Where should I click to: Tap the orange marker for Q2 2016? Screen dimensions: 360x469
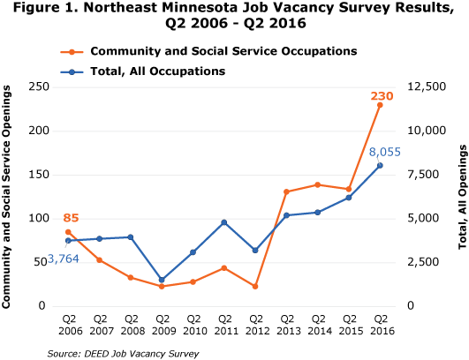coord(380,105)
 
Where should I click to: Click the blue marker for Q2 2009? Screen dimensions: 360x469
coord(162,280)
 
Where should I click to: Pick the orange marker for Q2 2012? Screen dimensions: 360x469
coord(255,287)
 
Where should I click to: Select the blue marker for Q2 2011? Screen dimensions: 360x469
coord(224,222)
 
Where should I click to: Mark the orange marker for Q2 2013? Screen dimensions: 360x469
coord(286,191)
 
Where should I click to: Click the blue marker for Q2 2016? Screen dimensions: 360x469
coord(380,165)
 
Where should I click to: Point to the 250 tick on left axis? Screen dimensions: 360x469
coord(37,86)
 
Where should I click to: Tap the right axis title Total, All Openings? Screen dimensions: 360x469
coord(458,196)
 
